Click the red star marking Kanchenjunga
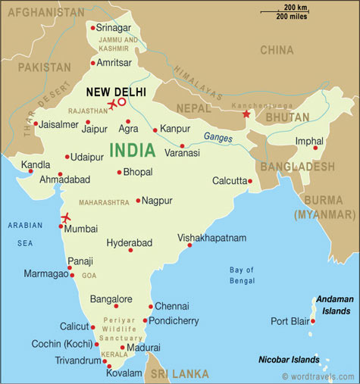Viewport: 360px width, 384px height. click(245, 115)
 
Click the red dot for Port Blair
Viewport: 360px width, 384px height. click(313, 321)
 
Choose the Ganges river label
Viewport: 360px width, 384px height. click(218, 137)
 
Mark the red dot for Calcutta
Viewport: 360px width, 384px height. click(250, 181)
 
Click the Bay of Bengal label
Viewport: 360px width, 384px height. click(242, 275)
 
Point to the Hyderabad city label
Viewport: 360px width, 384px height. click(129, 242)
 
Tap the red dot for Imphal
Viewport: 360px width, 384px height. click(316, 148)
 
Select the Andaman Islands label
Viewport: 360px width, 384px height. click(334, 304)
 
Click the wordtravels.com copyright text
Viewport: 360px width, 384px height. click(318, 376)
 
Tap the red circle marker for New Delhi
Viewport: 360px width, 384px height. click(122, 101)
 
